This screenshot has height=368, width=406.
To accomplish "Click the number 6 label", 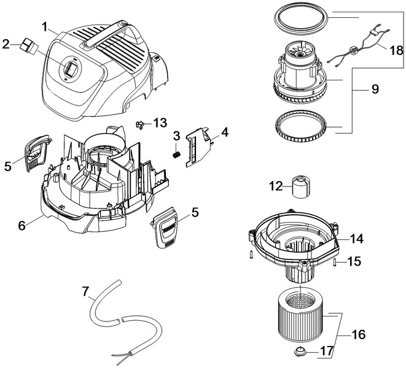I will click(21, 225).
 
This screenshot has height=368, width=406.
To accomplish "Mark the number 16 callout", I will click(357, 335).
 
